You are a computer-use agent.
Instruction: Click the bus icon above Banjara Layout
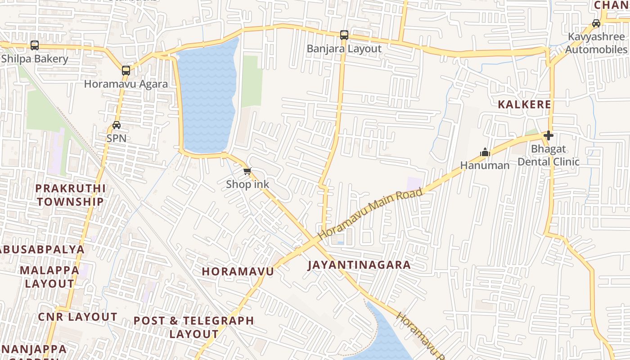point(344,35)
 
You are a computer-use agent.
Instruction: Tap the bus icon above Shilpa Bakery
point(35,45)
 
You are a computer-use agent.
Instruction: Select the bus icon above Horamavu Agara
point(126,70)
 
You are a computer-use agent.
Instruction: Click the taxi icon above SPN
point(117,125)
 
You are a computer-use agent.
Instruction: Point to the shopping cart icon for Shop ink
point(247,171)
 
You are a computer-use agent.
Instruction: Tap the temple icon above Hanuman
point(485,152)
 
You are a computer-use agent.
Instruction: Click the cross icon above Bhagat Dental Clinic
point(548,135)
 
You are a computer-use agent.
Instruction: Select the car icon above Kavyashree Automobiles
point(596,23)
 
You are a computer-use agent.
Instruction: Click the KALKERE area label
point(524,104)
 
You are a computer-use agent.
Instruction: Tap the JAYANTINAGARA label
point(359,265)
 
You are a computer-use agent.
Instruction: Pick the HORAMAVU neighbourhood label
point(238,271)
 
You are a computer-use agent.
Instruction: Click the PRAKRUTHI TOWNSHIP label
point(70,195)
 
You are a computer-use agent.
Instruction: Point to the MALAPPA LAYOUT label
point(49,277)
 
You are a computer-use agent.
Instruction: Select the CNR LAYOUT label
point(77,317)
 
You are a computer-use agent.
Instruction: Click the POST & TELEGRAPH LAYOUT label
point(194,327)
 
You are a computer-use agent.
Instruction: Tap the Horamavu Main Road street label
point(370,214)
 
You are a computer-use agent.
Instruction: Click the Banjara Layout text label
point(344,49)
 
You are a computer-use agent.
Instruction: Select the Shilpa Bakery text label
point(35,58)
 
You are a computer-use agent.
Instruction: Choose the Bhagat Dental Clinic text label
point(548,155)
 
